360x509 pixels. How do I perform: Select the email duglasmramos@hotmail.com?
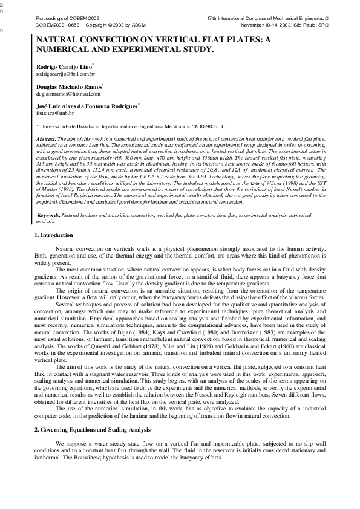tap(68, 94)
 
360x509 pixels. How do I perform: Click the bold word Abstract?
tap(47, 139)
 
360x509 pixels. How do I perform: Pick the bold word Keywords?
tap(48, 215)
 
